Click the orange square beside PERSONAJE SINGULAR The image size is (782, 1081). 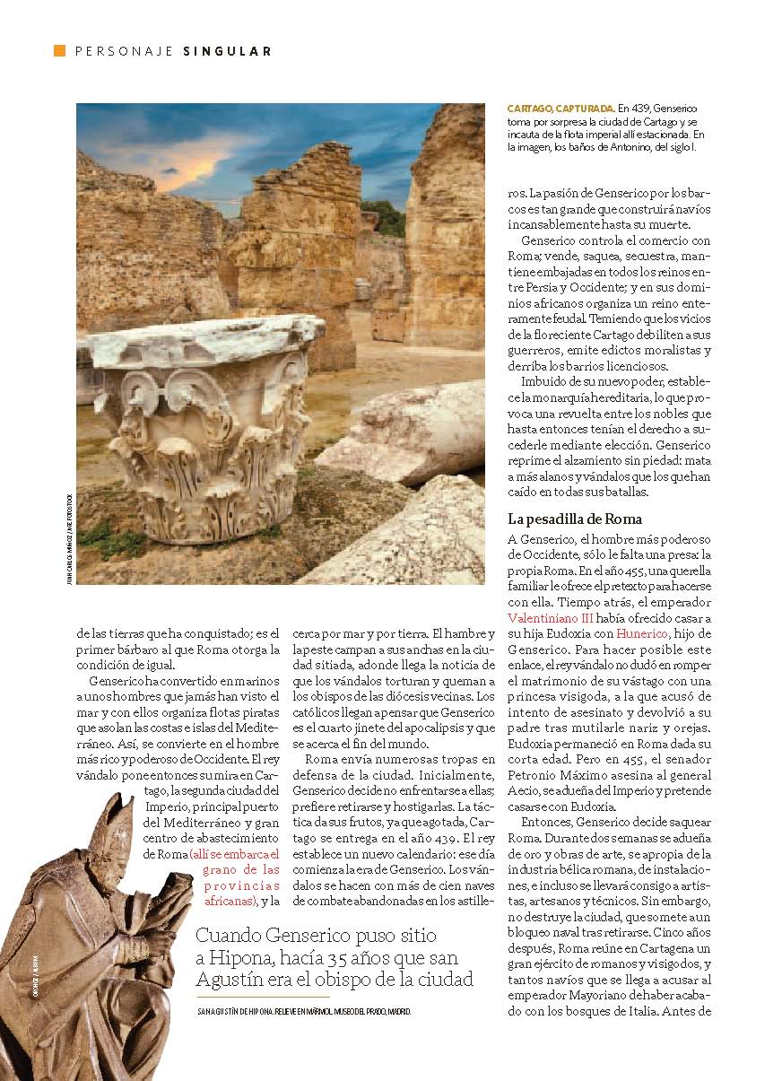(x=59, y=50)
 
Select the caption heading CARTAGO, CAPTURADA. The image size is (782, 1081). (x=560, y=109)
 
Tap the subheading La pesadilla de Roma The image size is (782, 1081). (x=573, y=519)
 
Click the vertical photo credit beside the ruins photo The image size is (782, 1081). (x=69, y=537)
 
